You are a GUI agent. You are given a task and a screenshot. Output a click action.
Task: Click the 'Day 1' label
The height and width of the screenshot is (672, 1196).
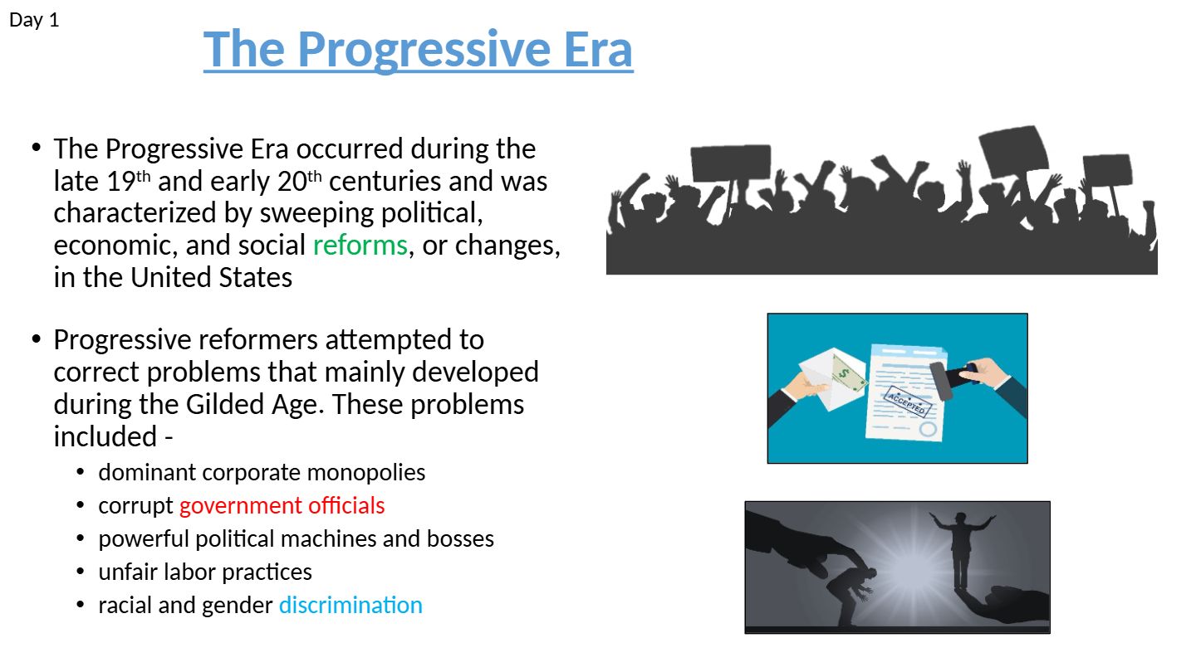tap(34, 20)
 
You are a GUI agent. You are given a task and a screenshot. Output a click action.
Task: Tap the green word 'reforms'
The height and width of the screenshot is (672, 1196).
tap(360, 246)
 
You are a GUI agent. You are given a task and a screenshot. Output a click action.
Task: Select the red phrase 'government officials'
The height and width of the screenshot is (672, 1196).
tap(282, 505)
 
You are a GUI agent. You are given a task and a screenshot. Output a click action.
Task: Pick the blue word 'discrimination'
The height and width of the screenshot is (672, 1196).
tap(350, 606)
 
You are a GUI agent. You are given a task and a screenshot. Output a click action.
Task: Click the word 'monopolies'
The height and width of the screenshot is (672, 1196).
tap(366, 473)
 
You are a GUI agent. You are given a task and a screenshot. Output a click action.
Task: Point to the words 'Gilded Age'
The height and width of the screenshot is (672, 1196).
tap(255, 405)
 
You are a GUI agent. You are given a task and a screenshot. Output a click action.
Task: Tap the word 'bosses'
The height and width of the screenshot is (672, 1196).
tap(460, 538)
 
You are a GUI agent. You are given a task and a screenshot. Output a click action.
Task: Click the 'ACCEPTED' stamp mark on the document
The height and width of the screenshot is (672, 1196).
tap(908, 402)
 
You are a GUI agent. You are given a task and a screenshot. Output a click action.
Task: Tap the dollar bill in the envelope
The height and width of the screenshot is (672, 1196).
tap(849, 374)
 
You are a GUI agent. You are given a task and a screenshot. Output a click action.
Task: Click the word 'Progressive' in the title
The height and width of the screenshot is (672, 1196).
tap(424, 49)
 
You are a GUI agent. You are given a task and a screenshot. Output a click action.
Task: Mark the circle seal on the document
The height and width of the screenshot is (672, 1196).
tap(928, 430)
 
